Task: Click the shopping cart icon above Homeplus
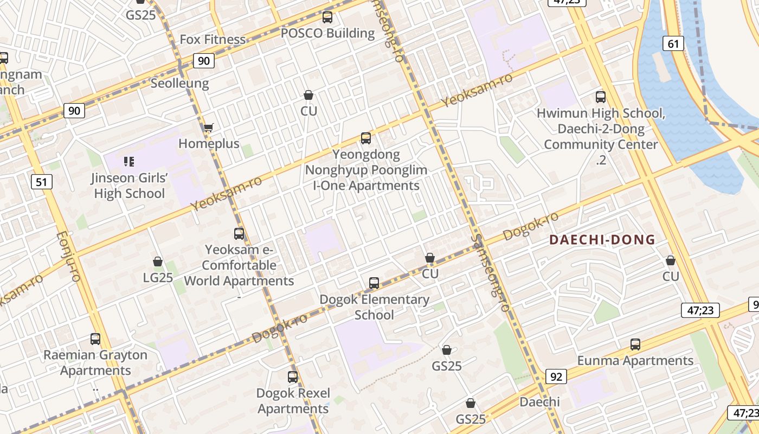tap(208, 128)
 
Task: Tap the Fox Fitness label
tap(213, 40)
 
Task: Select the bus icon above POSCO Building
tap(327, 17)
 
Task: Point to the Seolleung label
tap(179, 84)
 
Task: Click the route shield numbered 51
tap(42, 182)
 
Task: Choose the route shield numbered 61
tap(673, 44)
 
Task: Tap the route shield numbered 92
tap(556, 376)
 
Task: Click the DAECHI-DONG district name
tap(602, 240)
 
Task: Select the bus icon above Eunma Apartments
tap(635, 344)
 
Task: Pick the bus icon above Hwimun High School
tap(601, 97)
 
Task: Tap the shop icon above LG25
tap(158, 262)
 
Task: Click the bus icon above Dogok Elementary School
tap(374, 283)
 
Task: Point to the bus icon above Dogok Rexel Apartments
tap(293, 376)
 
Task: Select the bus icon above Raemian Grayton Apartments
tap(95, 339)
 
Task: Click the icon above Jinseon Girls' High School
tap(128, 161)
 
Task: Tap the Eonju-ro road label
tap(68, 257)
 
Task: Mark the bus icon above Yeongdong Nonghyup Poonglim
tap(366, 138)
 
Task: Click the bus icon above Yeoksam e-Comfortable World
tap(239, 234)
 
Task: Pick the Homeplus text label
tap(209, 144)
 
